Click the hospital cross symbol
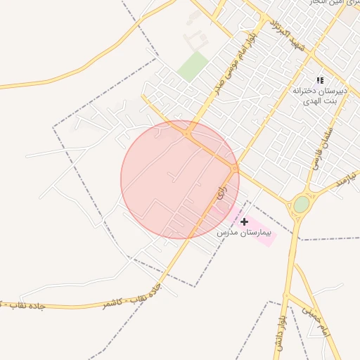click(x=244, y=221)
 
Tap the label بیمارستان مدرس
click(x=243, y=232)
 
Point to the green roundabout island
click(x=301, y=205)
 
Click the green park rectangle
click(x=192, y=66)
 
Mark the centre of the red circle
click(x=180, y=179)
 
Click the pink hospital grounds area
click(x=260, y=234)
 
